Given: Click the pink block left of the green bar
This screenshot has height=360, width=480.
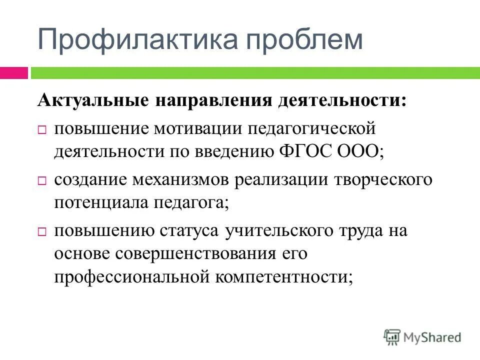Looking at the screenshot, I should (13, 73).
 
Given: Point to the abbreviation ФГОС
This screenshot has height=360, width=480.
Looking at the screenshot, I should (305, 151).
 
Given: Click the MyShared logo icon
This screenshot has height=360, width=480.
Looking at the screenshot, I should (392, 337).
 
